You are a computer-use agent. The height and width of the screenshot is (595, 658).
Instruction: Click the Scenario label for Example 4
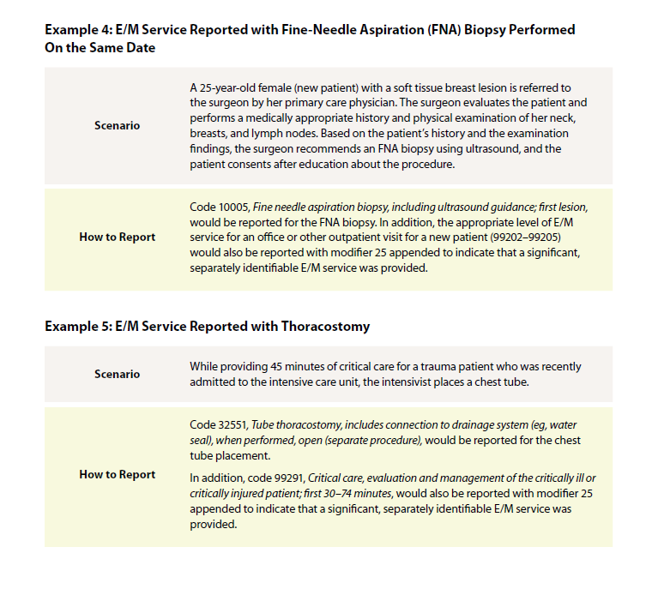tap(117, 125)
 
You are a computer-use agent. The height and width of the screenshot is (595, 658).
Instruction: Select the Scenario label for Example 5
tap(117, 374)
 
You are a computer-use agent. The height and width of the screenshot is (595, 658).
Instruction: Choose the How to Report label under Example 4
tap(117, 237)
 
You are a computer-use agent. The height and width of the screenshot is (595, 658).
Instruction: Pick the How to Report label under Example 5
tap(117, 475)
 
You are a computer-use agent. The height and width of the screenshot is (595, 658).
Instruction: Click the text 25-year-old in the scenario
tap(231, 88)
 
